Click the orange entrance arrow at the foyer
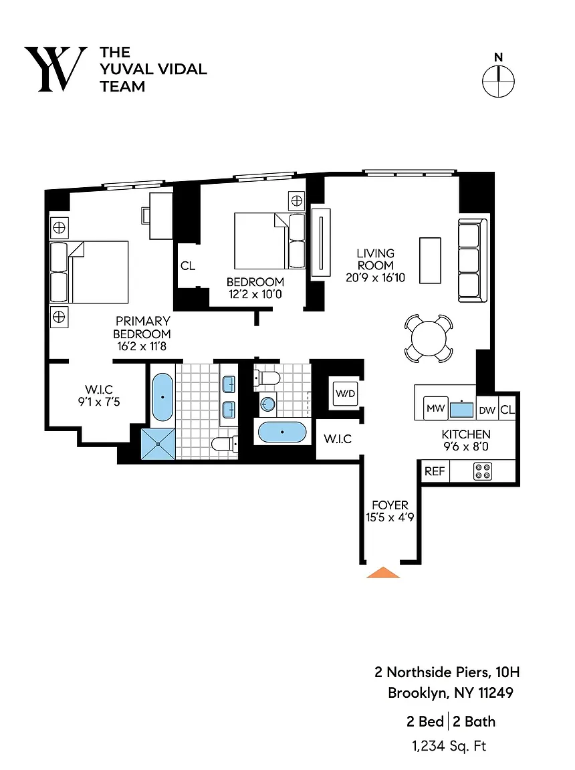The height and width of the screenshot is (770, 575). click(384, 573)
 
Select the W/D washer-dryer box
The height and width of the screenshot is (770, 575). click(345, 393)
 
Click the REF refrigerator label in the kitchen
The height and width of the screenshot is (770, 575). click(435, 471)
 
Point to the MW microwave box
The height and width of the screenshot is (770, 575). click(435, 408)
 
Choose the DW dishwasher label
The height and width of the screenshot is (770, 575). click(487, 410)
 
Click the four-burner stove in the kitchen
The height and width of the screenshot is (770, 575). click(483, 471)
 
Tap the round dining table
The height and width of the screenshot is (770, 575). click(429, 338)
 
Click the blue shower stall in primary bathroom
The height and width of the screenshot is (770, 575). click(158, 444)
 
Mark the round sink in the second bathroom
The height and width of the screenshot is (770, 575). click(267, 404)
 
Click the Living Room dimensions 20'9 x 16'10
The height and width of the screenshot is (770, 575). click(376, 277)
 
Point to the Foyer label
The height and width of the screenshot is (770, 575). click(390, 505)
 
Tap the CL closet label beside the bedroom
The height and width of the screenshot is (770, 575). click(188, 265)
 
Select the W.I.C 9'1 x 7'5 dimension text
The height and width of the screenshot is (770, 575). click(99, 402)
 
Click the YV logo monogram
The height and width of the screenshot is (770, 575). click(55, 70)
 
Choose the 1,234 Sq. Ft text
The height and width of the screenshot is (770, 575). click(449, 747)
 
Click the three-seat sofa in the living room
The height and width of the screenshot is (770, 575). click(473, 260)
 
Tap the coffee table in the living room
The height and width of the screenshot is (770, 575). click(430, 260)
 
